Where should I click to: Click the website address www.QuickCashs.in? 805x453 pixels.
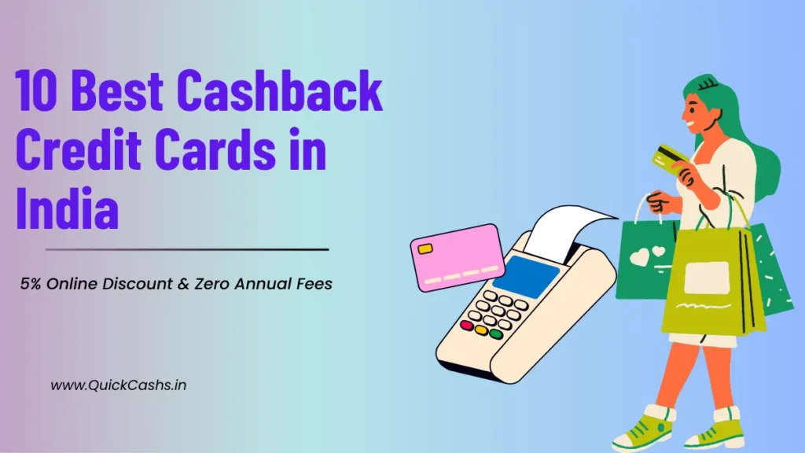point(118,385)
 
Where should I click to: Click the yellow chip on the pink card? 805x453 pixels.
point(425,249)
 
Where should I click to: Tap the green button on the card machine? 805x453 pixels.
point(495,333)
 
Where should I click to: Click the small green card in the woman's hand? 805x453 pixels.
point(667,157)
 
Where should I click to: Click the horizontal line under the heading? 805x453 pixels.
point(187,249)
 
